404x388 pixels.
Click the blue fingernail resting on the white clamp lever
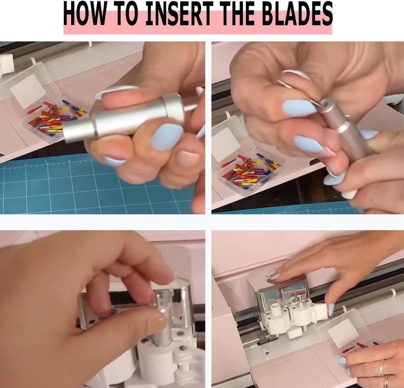(331, 309)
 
